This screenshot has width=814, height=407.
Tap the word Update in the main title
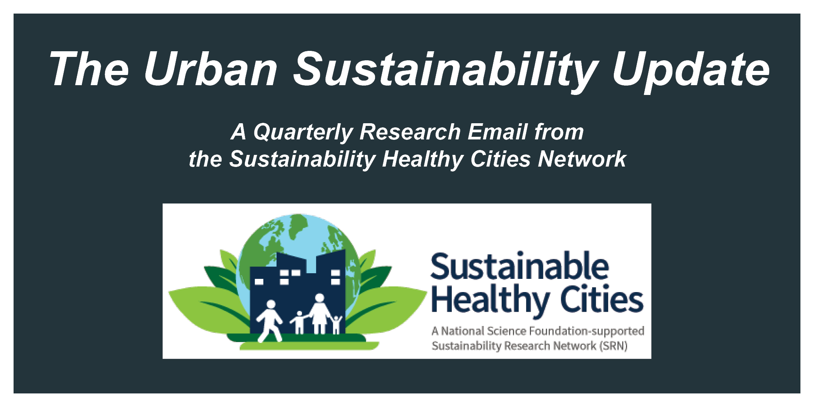pyautogui.click(x=691, y=72)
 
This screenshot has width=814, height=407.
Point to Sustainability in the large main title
pyautogui.click(x=445, y=72)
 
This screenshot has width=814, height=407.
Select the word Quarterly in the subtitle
pyautogui.click(x=303, y=133)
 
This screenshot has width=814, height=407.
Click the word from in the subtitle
pyautogui.click(x=559, y=132)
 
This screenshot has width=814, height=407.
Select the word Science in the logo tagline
pyautogui.click(x=506, y=331)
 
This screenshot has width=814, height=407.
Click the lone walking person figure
pyautogui.click(x=269, y=321)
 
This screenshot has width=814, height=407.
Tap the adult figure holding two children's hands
pyautogui.click(x=320, y=314)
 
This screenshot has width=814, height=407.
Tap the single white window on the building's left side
pyautogui.click(x=259, y=282)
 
